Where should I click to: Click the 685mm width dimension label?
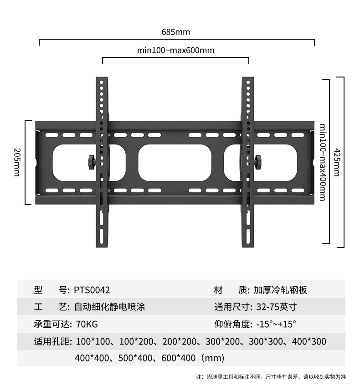pyautogui.click(x=175, y=32)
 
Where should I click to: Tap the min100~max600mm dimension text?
pyautogui.click(x=175, y=50)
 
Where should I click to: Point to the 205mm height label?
pyautogui.click(x=16, y=163)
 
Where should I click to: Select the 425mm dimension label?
pyautogui.click(x=337, y=163)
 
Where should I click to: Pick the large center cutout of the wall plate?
pyautogui.click(x=175, y=162)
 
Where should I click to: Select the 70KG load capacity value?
pyautogui.click(x=87, y=324)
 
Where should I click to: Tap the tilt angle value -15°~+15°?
pyautogui.click(x=276, y=324)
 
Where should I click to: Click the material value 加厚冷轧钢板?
pyautogui.click(x=281, y=290)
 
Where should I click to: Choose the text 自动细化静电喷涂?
pyautogui.click(x=109, y=307)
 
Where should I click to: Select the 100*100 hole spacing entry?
pyautogui.click(x=90, y=341)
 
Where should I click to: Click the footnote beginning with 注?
pyautogui.click(x=271, y=377)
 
